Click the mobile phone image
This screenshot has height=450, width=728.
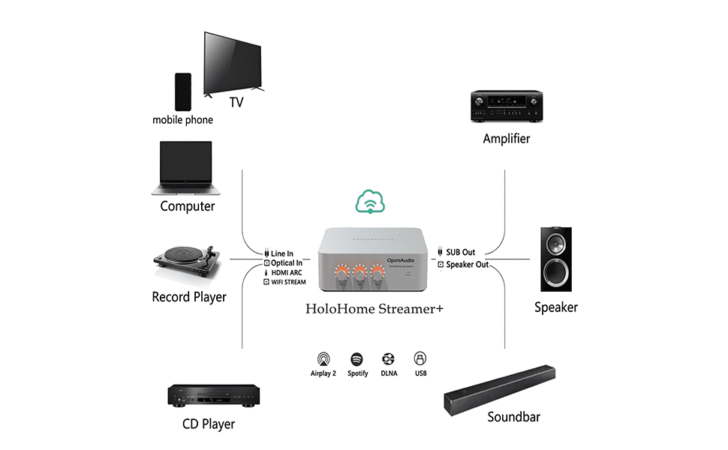183,91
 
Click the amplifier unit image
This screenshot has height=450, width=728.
506,106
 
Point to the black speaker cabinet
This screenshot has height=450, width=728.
555,259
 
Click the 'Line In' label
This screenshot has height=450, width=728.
282,253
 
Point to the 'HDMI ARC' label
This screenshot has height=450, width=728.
287,273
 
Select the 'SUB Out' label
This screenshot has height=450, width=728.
460,253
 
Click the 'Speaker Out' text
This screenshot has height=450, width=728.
467,265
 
